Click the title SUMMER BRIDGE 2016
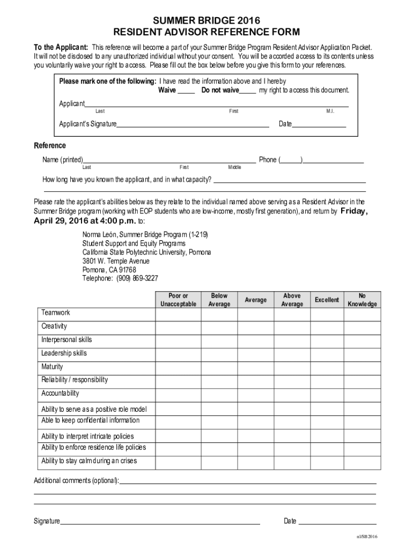pyautogui.click(x=206, y=20)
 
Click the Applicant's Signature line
pyautogui.click(x=193, y=125)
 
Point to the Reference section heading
pyautogui.click(x=50, y=145)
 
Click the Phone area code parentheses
pyautogui.click(x=291, y=160)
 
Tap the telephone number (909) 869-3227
pyautogui.click(x=137, y=278)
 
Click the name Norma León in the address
pyautogui.click(x=99, y=235)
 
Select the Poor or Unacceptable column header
pyautogui.click(x=178, y=300)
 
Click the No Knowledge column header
pyautogui.click(x=362, y=300)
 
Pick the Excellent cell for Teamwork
pyautogui.click(x=327, y=314)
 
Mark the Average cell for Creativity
pyautogui.click(x=255, y=327)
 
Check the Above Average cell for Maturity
pyautogui.click(x=292, y=367)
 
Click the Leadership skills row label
pyautogui.click(x=64, y=353)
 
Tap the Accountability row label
pyautogui.click(x=60, y=394)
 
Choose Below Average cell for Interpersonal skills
pyautogui.click(x=219, y=340)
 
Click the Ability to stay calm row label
pyautogui.click(x=89, y=461)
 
